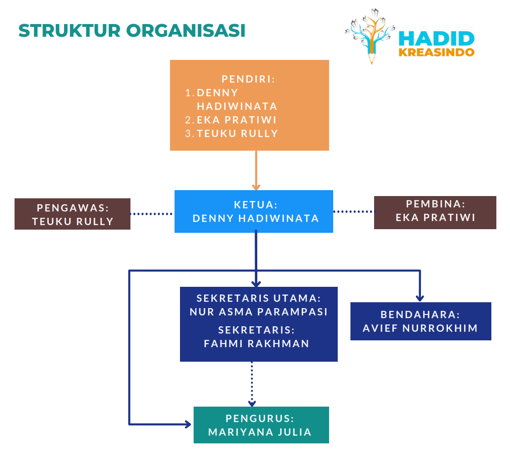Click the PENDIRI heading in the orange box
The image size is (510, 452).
[249, 79]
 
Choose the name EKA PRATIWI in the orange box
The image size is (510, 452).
[236, 120]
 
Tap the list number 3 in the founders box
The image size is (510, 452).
[189, 134]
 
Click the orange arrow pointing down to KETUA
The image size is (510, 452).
[256, 171]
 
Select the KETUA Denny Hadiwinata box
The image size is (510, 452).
[254, 211]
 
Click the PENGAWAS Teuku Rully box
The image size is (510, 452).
[72, 214]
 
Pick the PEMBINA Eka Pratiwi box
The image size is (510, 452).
[435, 212]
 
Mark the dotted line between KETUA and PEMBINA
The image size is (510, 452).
[353, 211]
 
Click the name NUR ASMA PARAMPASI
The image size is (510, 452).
[259, 312]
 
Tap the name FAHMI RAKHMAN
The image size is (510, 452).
[257, 344]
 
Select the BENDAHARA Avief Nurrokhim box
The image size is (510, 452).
[420, 321]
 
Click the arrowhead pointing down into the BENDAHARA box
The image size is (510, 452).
[420, 298]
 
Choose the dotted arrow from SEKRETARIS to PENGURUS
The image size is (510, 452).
[252, 383]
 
